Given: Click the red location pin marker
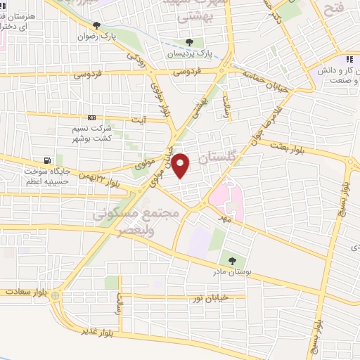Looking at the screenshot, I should click(x=181, y=166).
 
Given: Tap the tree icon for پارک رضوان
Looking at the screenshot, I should click(x=107, y=25).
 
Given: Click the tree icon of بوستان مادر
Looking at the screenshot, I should click(x=232, y=262).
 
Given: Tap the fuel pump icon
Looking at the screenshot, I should click(x=47, y=160).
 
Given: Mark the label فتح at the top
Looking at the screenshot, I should click(x=333, y=8).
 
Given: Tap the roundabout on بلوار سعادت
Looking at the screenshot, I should click(x=55, y=296).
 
